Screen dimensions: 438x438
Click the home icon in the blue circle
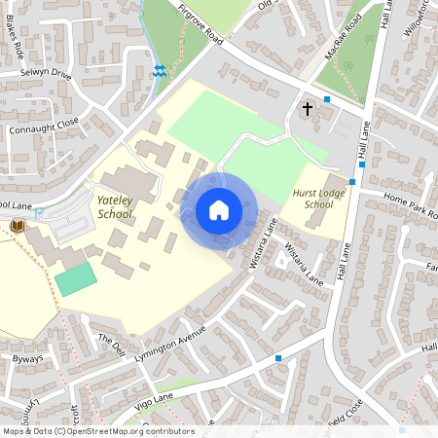click(219, 209)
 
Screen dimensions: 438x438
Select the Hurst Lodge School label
click(318, 200)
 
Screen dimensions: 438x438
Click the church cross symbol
click(308, 109)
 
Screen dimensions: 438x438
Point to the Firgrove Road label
click(201, 25)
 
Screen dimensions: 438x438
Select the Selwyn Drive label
click(46, 74)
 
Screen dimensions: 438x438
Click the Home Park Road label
click(409, 204)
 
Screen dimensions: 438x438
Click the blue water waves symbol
click(160, 71)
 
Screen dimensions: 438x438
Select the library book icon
click(17, 226)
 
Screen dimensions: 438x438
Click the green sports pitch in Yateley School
click(76, 279)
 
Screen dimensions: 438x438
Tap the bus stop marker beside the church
click(327, 99)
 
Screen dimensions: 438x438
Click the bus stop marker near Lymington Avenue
click(278, 358)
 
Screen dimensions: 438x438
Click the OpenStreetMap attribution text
click(97, 431)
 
